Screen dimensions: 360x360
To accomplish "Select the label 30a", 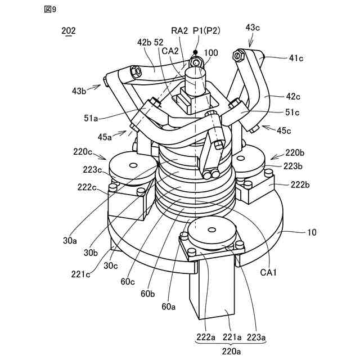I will pos(70,241).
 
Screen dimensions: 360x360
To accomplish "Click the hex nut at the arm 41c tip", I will pos(238,56).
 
